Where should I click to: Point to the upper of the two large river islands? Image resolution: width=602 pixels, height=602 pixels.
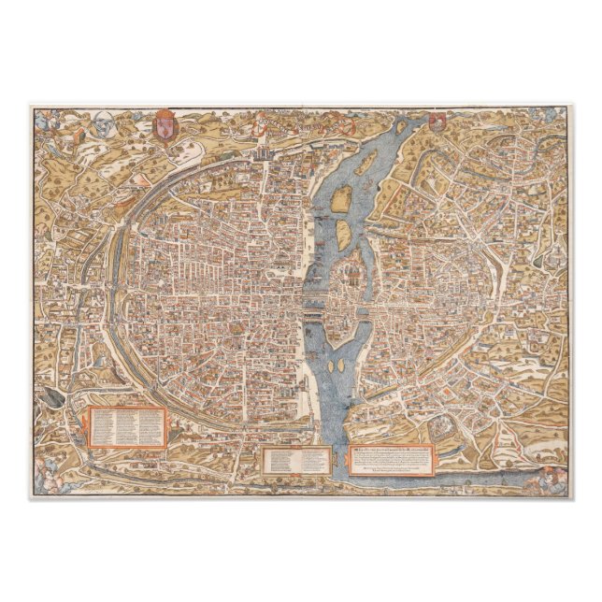(343, 197)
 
